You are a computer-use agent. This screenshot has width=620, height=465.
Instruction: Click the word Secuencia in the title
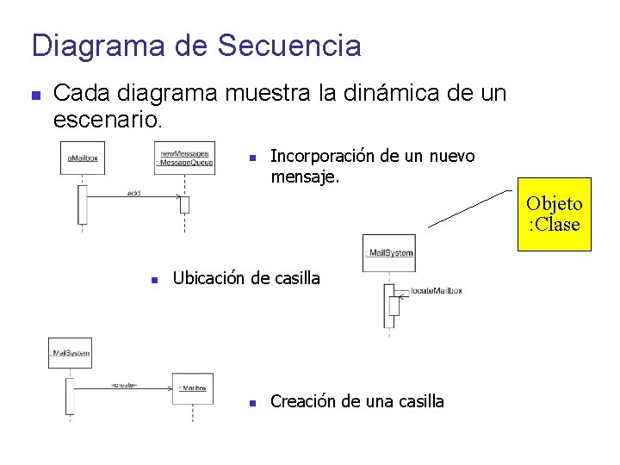[x=289, y=45]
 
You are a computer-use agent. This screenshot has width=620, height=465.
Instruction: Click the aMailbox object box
[x=84, y=158]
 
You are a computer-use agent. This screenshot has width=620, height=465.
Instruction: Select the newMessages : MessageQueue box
[x=185, y=158]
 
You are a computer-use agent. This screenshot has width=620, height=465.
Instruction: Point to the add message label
[x=133, y=193]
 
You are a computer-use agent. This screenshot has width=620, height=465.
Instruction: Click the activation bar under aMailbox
[x=83, y=205]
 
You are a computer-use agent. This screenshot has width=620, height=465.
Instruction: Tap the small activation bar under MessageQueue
[x=184, y=205]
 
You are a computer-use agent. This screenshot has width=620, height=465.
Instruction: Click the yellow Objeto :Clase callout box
[x=554, y=214]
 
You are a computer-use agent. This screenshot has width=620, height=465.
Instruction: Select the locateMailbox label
[x=437, y=291]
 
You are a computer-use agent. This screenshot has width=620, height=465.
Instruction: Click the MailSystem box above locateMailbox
[x=389, y=253]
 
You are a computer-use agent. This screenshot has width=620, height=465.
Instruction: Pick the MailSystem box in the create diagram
[x=71, y=353]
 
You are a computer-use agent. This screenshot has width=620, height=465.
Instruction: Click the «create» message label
[x=125, y=385]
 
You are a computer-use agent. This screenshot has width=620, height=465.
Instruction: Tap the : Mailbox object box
[x=192, y=388]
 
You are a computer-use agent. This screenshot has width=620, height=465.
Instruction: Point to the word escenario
[x=106, y=118]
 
